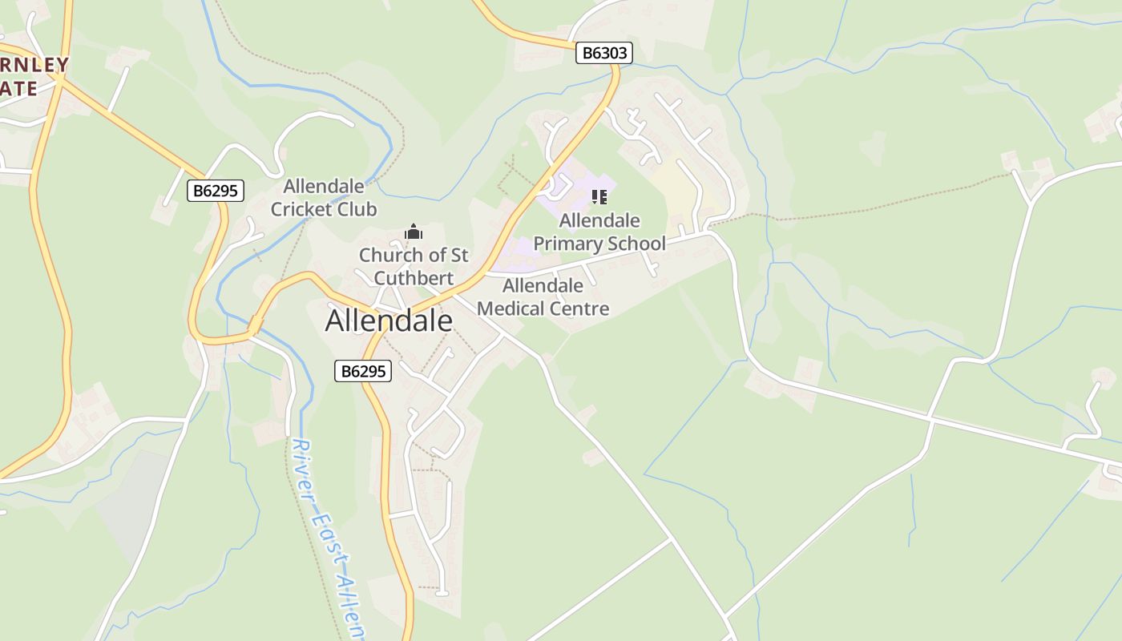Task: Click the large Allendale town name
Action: (x=389, y=321)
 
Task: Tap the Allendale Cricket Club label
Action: (x=324, y=198)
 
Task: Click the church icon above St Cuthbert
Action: (x=414, y=232)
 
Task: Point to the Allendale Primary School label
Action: (x=599, y=232)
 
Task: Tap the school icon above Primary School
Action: (x=599, y=197)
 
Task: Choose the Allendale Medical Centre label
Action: (x=543, y=297)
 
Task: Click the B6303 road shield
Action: (x=604, y=53)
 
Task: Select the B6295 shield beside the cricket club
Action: (x=216, y=191)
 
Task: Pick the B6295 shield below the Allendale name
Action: (x=363, y=371)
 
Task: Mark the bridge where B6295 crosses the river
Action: (x=255, y=326)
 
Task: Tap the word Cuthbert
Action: (x=414, y=278)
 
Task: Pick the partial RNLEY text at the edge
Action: (x=34, y=64)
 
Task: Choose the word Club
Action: (x=357, y=210)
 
